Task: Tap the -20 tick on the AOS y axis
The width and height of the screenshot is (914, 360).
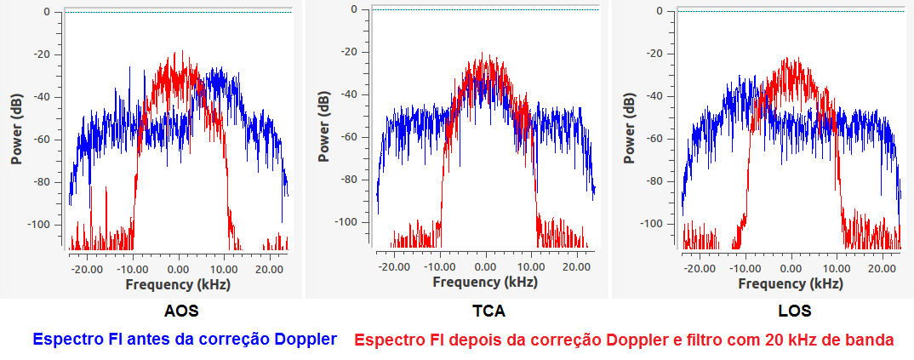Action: (x=46, y=54)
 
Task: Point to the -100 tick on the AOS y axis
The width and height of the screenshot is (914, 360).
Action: (x=43, y=224)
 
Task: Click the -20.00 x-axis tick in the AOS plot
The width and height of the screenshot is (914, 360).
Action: (x=85, y=268)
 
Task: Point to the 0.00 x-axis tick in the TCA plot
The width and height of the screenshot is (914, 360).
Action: (x=485, y=266)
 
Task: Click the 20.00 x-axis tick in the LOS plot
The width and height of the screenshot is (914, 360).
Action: (x=885, y=267)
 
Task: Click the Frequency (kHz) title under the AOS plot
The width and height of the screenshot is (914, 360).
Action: (x=177, y=284)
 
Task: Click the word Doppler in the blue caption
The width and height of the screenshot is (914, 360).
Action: (x=306, y=340)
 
